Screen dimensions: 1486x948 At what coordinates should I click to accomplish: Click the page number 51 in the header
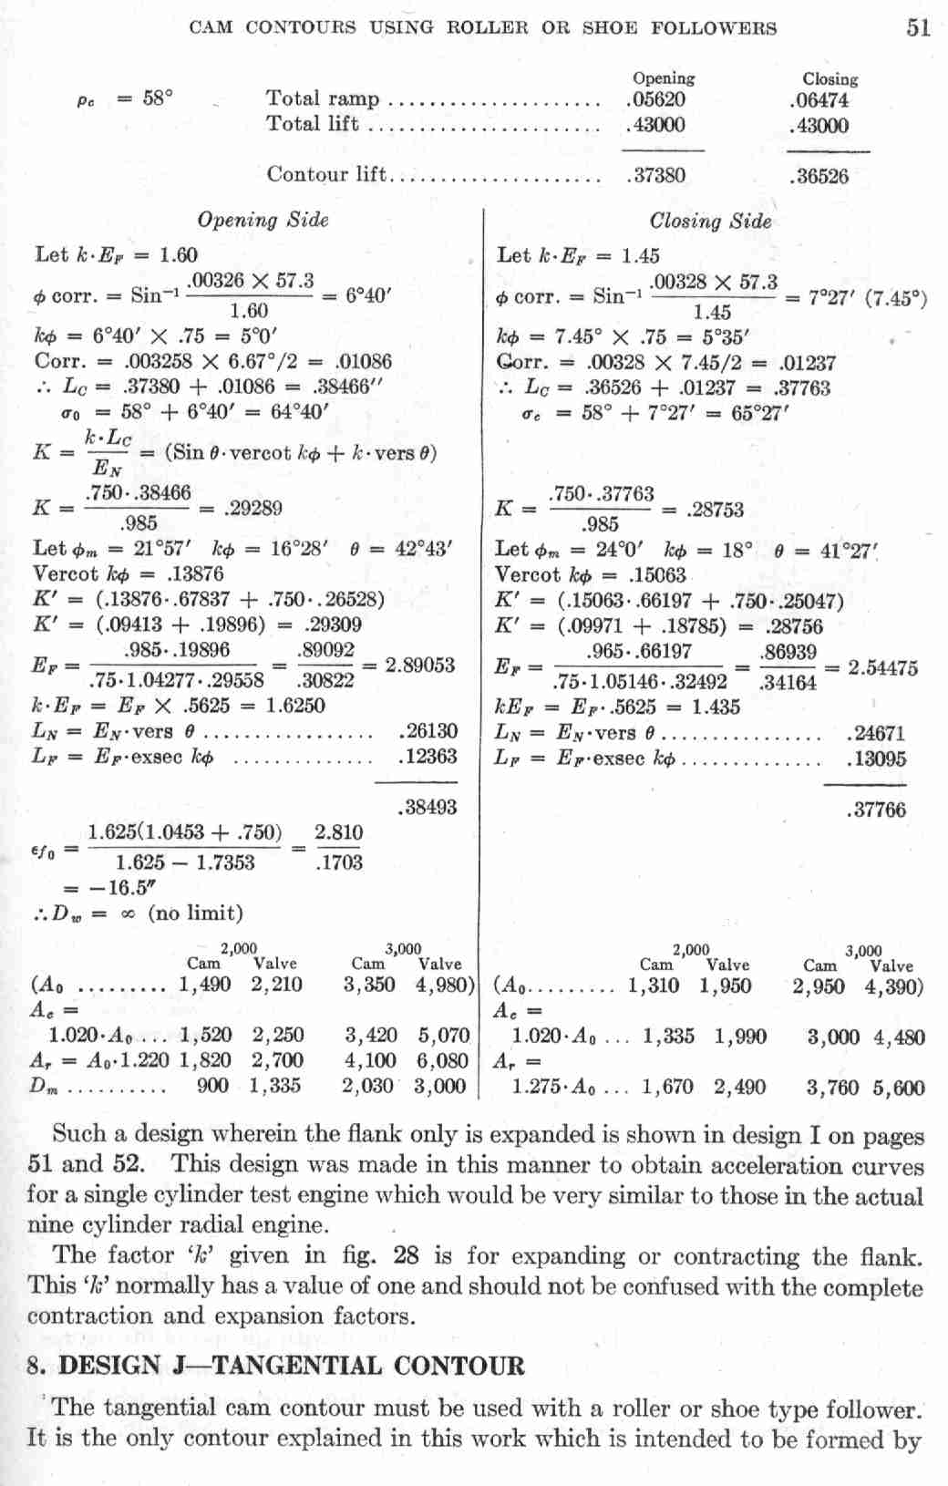918,27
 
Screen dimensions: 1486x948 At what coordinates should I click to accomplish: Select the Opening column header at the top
663,78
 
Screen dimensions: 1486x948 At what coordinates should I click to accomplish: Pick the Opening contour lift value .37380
656,175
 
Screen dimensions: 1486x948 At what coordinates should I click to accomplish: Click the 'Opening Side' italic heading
263,220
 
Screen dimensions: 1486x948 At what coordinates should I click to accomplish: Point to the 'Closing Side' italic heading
710,221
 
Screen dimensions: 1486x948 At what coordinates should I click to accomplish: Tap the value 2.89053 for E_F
420,665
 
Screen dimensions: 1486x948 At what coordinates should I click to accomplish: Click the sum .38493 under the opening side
428,807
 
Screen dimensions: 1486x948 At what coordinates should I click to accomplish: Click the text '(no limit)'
195,913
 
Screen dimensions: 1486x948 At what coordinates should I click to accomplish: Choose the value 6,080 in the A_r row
442,1060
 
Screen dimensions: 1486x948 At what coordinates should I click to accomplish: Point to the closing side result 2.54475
882,667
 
